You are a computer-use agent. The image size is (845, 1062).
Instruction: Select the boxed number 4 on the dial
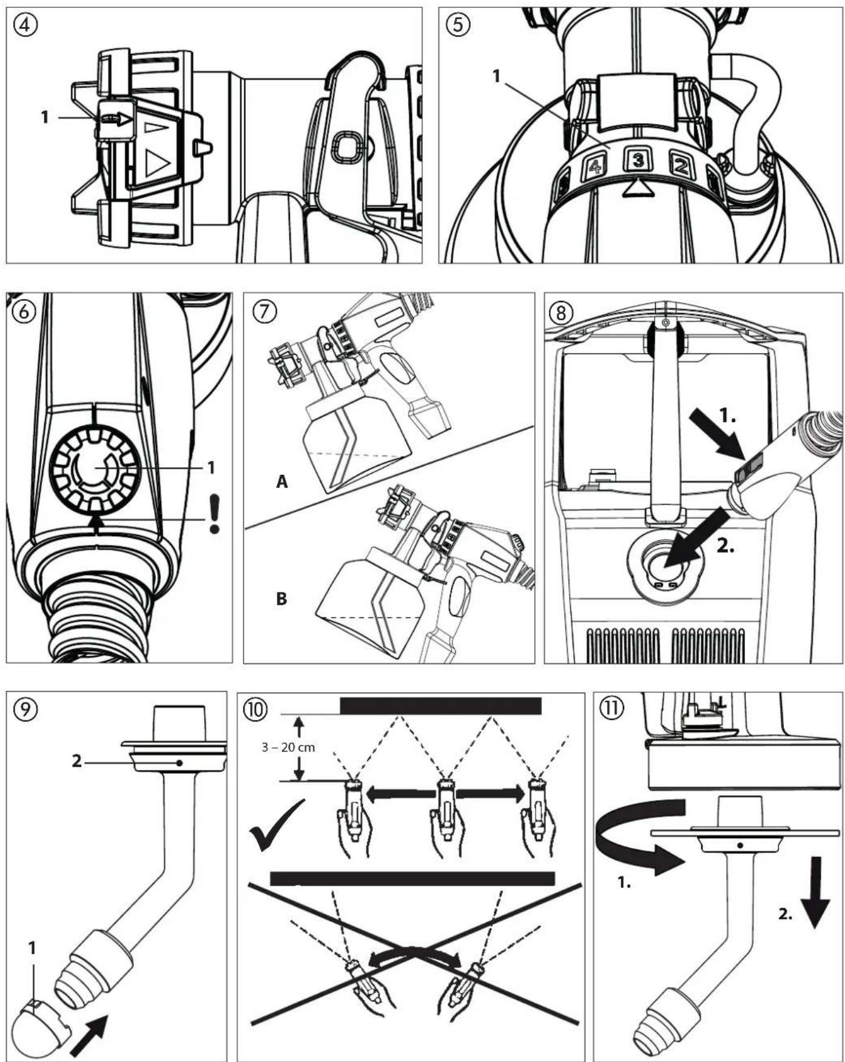pos(595,166)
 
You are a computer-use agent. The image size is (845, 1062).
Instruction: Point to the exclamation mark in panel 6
pos(214,513)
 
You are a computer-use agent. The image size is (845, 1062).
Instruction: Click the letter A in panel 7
pos(281,482)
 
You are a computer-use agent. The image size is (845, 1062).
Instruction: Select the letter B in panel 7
pos(281,599)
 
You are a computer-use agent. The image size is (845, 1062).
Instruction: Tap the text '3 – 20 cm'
pos(288,747)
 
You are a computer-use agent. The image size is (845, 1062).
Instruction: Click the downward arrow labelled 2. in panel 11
pos(815,892)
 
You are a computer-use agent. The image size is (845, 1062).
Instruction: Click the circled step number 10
pos(255,708)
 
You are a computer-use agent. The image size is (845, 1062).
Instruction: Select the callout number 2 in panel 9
pos(76,761)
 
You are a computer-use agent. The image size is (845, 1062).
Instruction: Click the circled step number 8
pos(560,313)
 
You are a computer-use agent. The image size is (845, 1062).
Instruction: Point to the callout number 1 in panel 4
pos(44,116)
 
